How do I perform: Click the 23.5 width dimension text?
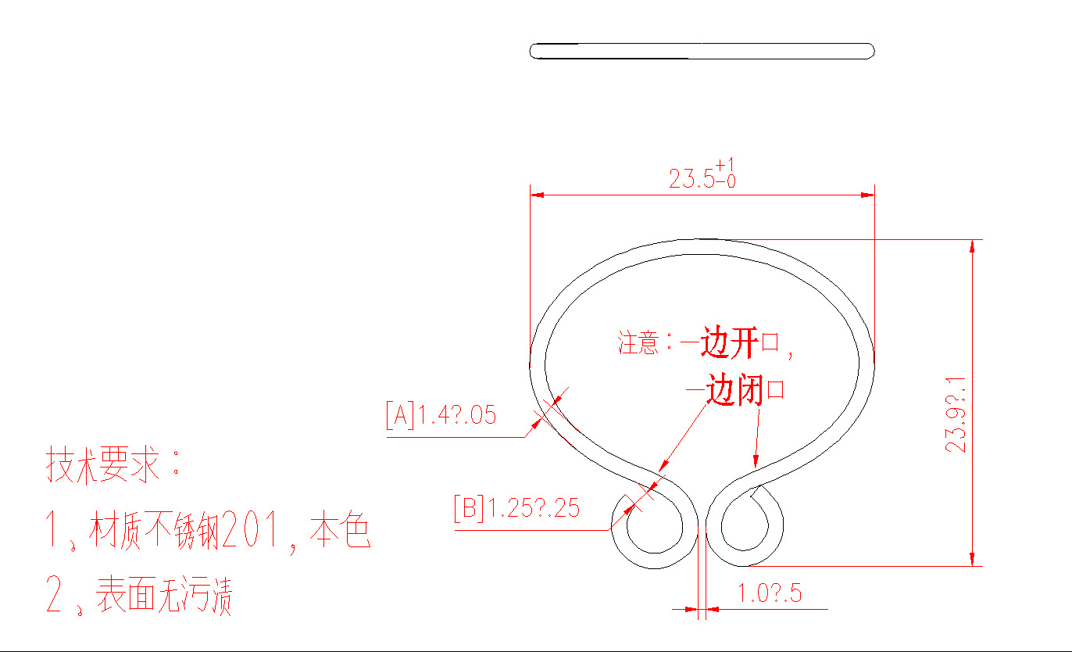pyautogui.click(x=691, y=179)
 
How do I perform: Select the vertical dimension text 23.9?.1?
pyautogui.click(x=956, y=414)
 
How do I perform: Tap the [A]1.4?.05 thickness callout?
pyautogui.click(x=441, y=414)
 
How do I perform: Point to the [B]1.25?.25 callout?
pyautogui.click(x=516, y=508)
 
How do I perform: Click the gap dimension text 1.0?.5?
pyautogui.click(x=770, y=593)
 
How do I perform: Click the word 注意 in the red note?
pyautogui.click(x=638, y=343)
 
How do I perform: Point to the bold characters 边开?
pyautogui.click(x=730, y=343)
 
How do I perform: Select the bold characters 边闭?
pyautogui.click(x=734, y=389)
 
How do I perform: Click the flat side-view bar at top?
pyautogui.click(x=702, y=51)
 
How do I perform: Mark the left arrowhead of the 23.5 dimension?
pyautogui.click(x=537, y=195)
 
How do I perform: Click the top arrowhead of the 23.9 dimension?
pyautogui.click(x=972, y=246)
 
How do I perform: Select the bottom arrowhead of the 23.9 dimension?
pyautogui.click(x=972, y=558)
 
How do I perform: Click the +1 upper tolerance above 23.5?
pyautogui.click(x=725, y=164)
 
